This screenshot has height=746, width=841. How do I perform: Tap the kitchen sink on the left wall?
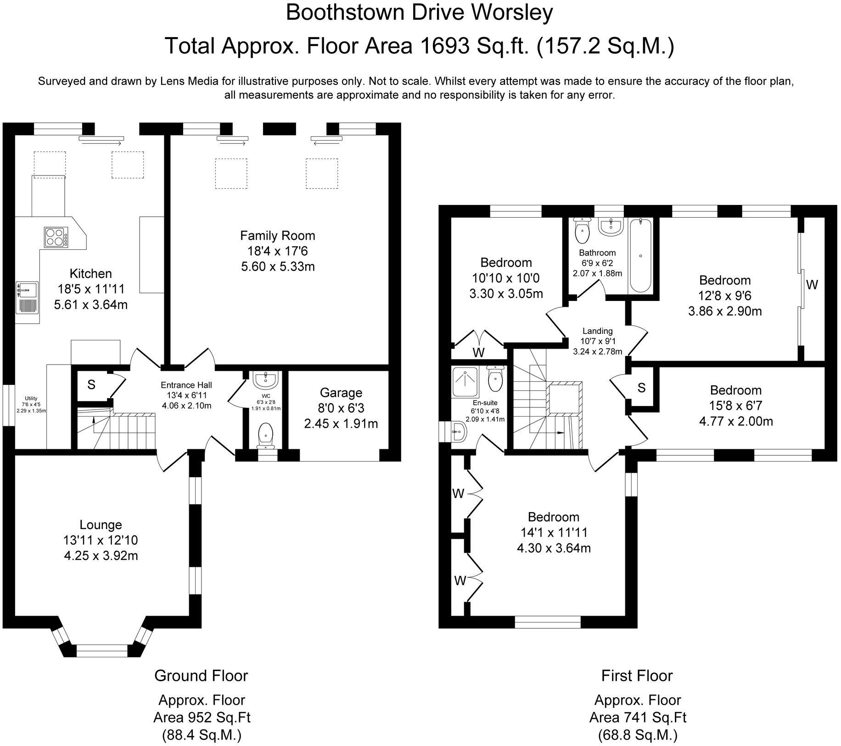(x=28, y=290)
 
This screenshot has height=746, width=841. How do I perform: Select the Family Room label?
(x=277, y=236)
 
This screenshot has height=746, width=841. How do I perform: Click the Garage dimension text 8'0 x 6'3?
(x=341, y=408)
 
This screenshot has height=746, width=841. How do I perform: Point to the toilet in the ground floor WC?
(x=266, y=434)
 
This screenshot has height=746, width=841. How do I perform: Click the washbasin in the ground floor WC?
(x=265, y=379)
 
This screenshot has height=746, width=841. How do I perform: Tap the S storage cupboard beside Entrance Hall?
(x=91, y=385)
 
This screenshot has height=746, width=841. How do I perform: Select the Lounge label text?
(x=101, y=525)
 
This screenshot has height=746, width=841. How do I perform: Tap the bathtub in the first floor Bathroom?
(x=640, y=255)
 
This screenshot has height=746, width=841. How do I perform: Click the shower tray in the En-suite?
(x=466, y=381)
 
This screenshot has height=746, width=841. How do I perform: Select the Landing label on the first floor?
(x=597, y=331)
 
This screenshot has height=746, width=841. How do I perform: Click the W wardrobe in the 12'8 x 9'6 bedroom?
(x=812, y=285)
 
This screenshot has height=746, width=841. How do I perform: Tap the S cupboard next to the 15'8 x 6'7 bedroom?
(x=641, y=388)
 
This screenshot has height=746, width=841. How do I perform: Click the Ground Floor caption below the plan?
(x=201, y=676)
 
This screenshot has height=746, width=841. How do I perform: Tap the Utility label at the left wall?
(x=31, y=398)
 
